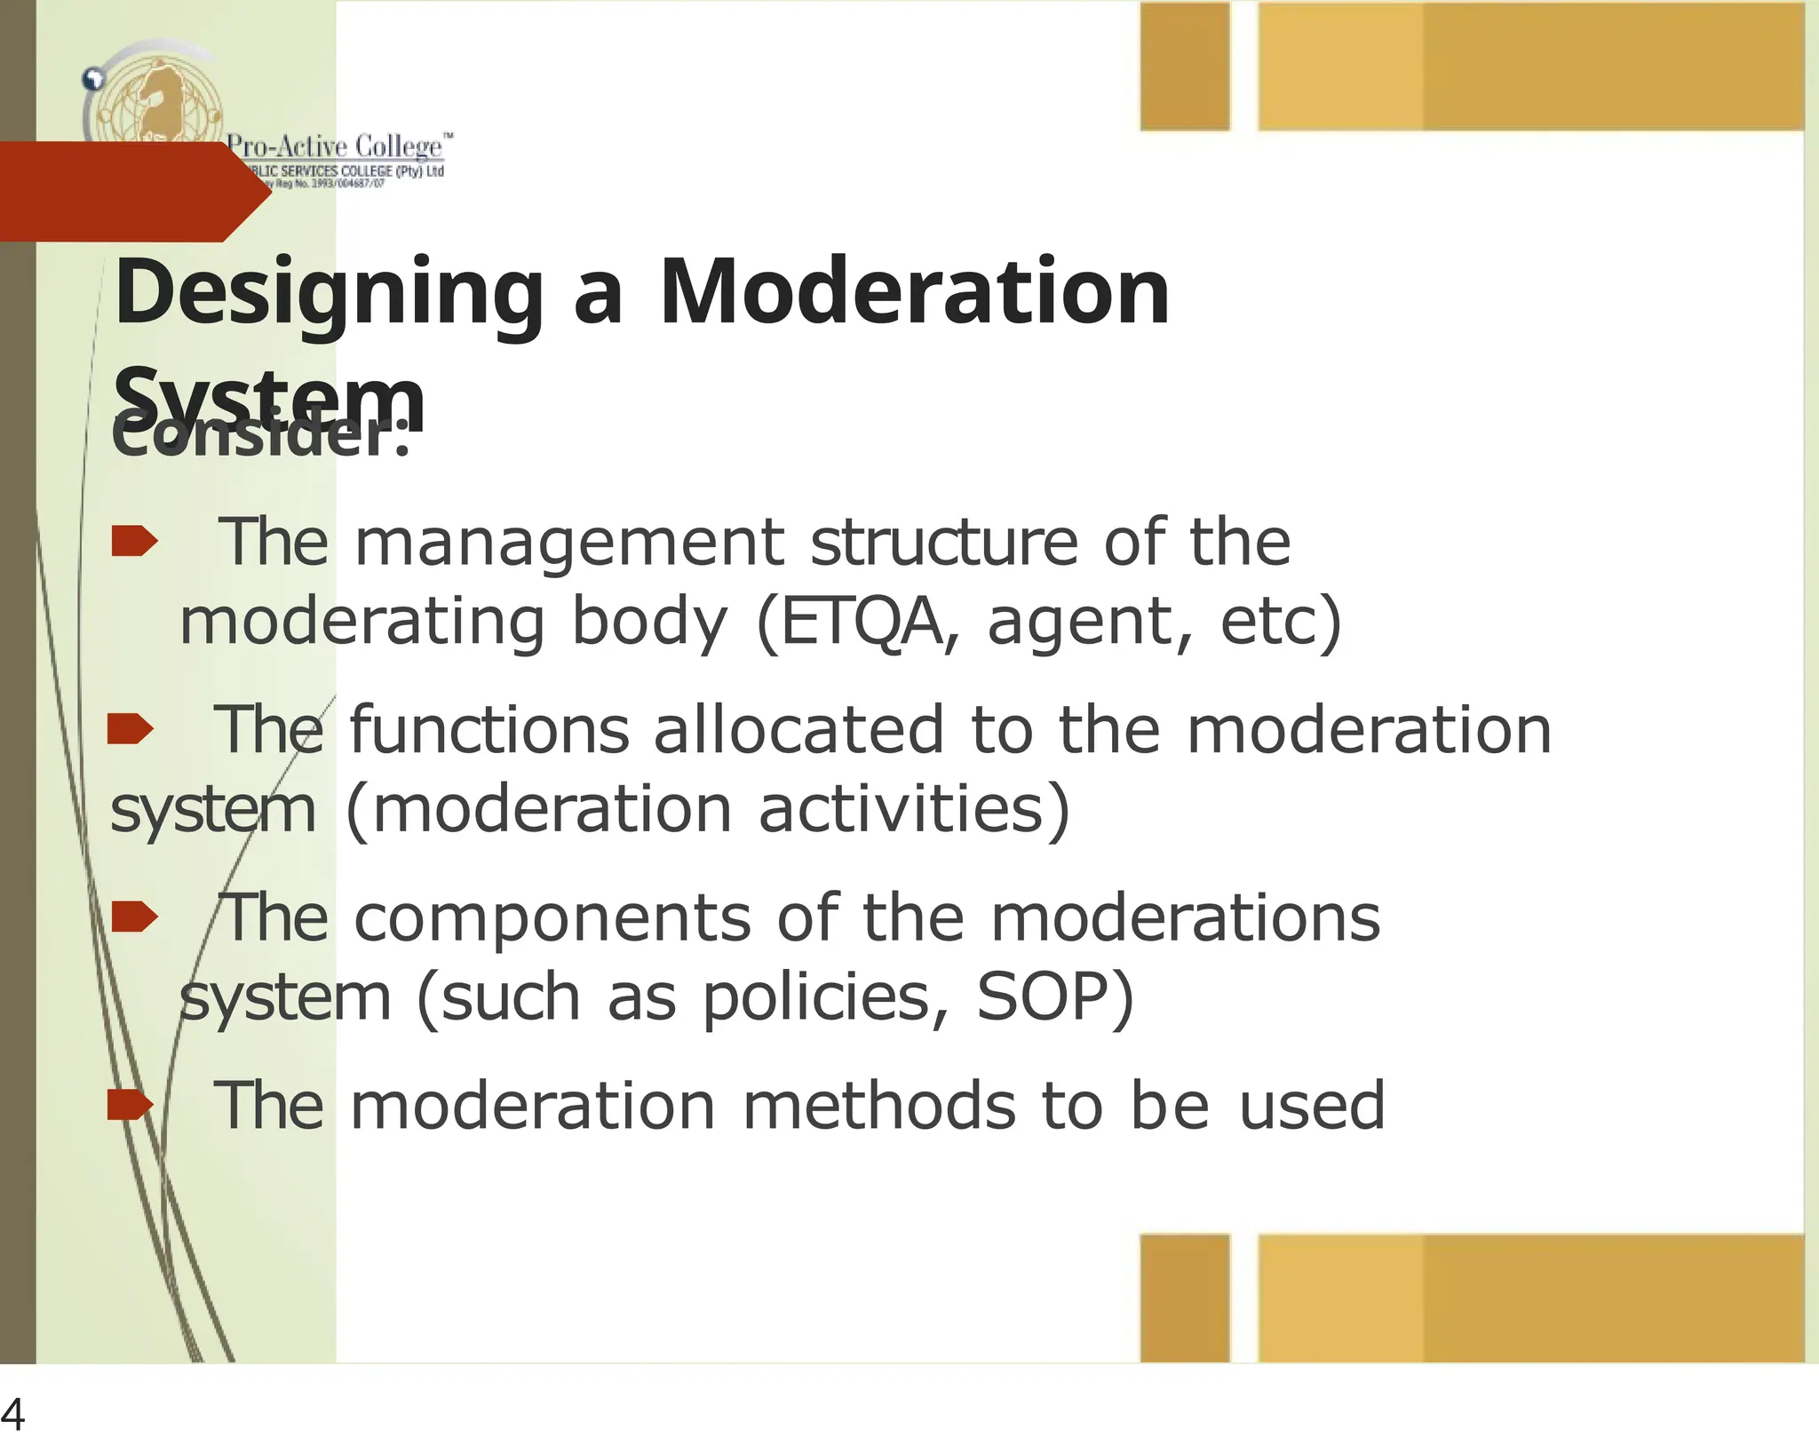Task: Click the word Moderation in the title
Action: (914, 293)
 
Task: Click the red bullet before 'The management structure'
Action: (134, 541)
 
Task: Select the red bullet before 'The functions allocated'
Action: (130, 729)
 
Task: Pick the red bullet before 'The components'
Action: (134, 917)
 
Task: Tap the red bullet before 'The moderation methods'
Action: (130, 1106)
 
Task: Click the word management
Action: (569, 543)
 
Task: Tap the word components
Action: (552, 919)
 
